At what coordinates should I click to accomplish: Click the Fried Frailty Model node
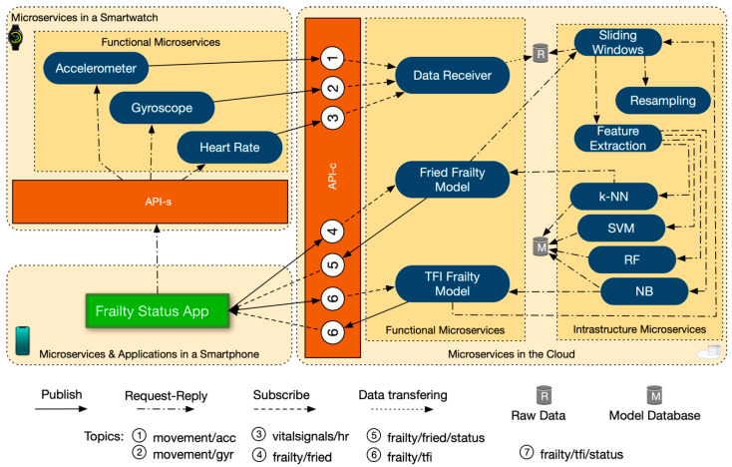pyautogui.click(x=445, y=180)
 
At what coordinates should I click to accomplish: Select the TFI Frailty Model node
pyautogui.click(x=445, y=283)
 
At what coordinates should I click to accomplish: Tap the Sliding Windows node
pyautogui.click(x=618, y=44)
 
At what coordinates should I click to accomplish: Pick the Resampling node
pyautogui.click(x=662, y=100)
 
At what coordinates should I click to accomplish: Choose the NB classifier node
pyautogui.click(x=643, y=290)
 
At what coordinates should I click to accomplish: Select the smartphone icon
pyautogui.click(x=22, y=341)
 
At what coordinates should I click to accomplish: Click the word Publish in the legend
pyautogui.click(x=61, y=395)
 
